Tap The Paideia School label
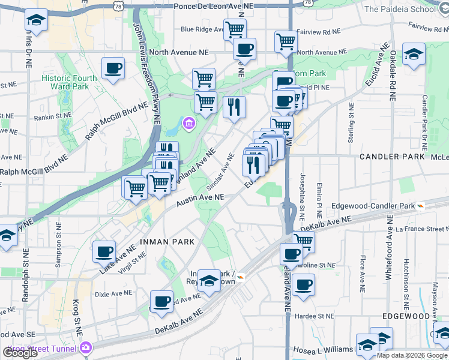408,9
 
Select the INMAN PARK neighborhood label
167,242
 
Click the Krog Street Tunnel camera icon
86,347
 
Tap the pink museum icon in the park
189,124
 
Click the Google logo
20,353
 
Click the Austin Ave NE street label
200,200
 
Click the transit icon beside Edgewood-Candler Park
421,205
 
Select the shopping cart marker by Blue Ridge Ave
235,28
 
